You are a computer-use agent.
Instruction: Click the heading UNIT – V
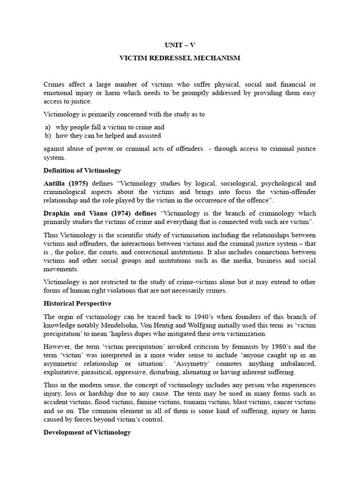(x=180, y=45)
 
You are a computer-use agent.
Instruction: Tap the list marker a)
(x=47, y=127)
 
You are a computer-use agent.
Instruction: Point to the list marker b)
(x=47, y=135)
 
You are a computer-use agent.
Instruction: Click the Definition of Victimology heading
(x=82, y=170)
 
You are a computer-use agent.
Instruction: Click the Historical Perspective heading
(x=77, y=303)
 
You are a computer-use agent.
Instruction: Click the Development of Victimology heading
(x=87, y=432)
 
